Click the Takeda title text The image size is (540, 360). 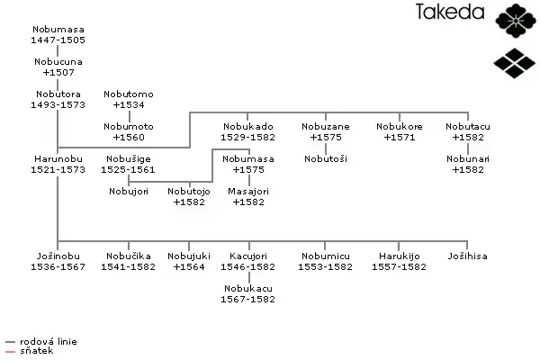point(451,13)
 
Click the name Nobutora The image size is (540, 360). point(58,94)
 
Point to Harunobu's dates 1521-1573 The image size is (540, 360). point(58,169)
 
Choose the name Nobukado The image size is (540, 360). point(247,127)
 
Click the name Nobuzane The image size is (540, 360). point(326,127)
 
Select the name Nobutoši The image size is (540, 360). point(326,158)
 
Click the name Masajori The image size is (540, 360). point(247,192)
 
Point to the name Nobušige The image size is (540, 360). point(130,158)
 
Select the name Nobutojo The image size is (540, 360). point(189,192)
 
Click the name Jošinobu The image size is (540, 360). point(58,256)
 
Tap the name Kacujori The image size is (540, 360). point(247,256)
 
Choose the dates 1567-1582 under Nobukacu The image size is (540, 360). point(247,299)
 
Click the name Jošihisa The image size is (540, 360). point(467,256)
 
